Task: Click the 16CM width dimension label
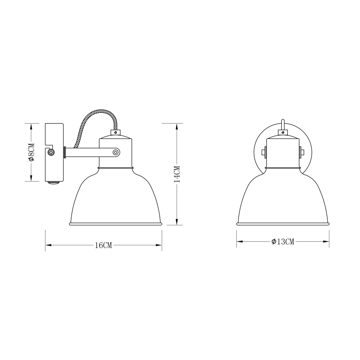(x=103, y=245)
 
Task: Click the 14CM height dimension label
(x=177, y=174)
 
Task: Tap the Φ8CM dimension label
(x=31, y=152)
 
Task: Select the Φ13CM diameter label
(x=283, y=242)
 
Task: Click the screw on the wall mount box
(x=51, y=153)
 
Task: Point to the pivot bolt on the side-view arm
(x=116, y=152)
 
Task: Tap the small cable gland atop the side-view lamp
(x=115, y=133)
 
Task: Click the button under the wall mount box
(x=54, y=182)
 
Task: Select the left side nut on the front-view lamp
(x=264, y=152)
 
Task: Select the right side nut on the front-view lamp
(x=302, y=152)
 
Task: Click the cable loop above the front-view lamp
(x=283, y=124)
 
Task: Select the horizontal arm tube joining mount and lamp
(x=83, y=152)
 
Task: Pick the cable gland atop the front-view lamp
(x=283, y=133)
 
